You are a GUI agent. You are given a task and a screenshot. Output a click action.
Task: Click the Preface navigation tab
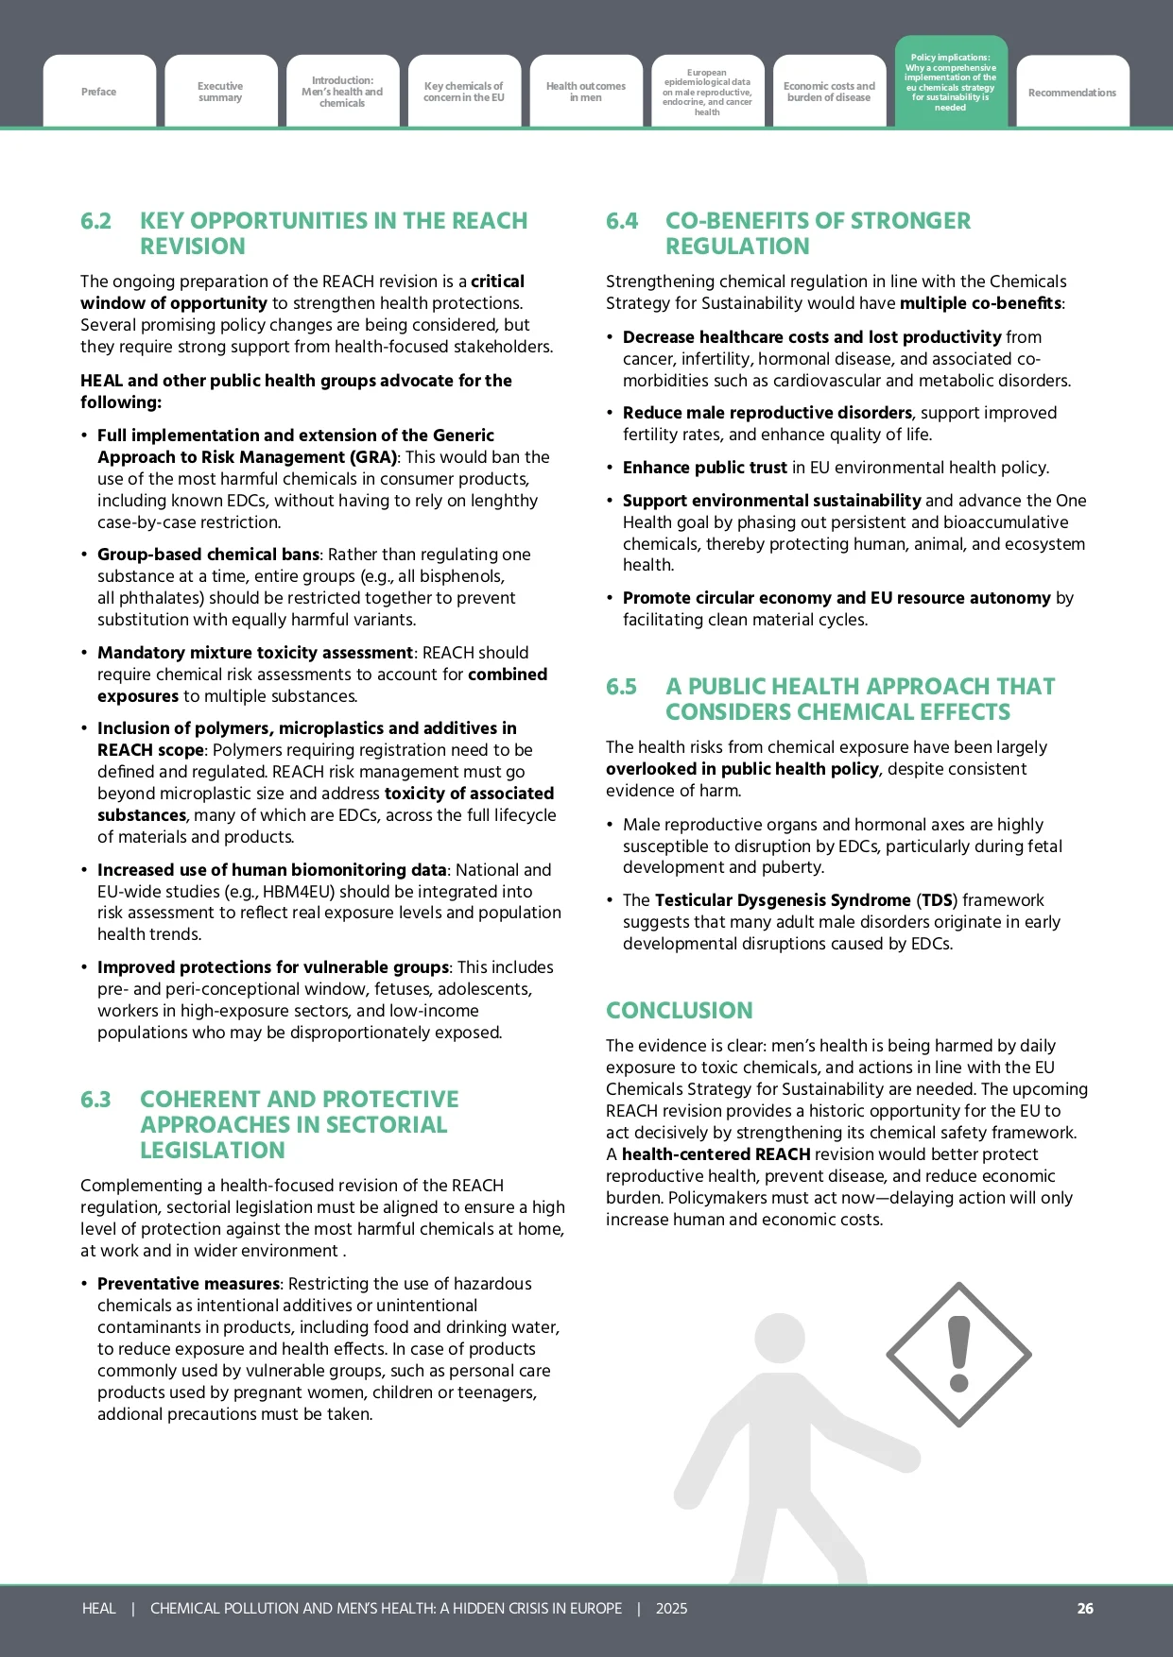coord(99,92)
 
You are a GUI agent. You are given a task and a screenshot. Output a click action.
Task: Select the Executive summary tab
coord(220,92)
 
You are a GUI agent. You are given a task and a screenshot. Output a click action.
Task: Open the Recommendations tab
coord(1072,93)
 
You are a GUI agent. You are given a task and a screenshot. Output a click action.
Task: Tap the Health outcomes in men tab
coord(586,92)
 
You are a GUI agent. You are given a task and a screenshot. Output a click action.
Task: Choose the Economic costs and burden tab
coord(829,92)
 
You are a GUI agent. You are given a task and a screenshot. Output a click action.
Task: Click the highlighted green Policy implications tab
coord(951,82)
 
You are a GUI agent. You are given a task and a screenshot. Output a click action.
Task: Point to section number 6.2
coord(95,221)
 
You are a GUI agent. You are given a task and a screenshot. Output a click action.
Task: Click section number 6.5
coord(621,687)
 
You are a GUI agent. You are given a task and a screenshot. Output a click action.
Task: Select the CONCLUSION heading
coord(679,1010)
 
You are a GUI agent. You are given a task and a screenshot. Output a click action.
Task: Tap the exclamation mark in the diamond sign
coord(959,1354)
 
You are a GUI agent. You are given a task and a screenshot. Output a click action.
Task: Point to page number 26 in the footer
coord(1085,1608)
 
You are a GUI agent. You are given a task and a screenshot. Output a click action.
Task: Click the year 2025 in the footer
coord(671,1608)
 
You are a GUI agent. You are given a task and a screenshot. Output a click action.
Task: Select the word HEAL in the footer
coord(98,1608)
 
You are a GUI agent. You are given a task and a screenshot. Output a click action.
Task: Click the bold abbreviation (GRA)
coord(374,457)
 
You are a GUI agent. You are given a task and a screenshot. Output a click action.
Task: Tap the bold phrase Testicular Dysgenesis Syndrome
coord(782,900)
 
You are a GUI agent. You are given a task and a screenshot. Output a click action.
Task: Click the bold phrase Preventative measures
coord(188,1284)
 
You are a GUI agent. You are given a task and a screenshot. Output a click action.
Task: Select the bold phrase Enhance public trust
coord(704,468)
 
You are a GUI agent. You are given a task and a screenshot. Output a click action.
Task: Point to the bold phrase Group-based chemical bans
coord(208,555)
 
